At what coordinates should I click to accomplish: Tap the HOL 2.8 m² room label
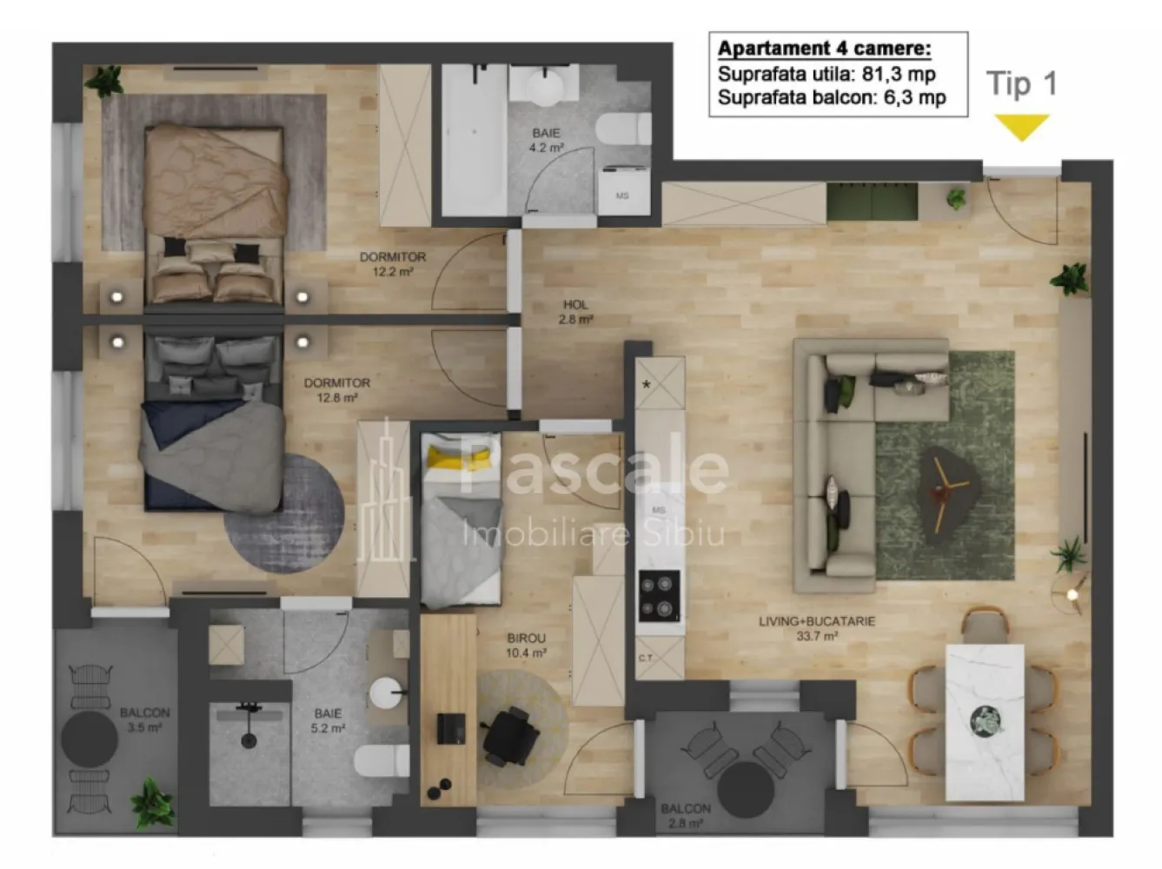575,312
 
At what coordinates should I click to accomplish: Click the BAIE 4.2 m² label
546,140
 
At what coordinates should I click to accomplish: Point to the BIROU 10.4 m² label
526,646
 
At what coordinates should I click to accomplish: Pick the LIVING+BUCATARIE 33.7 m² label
816,628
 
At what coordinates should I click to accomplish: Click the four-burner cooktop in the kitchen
660,596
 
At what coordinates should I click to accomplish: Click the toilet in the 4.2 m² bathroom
625,129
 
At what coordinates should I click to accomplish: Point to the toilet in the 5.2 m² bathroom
382,761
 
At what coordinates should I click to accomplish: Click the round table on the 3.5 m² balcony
90,739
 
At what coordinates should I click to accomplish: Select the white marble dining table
984,720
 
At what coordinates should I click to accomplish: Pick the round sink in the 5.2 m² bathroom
386,693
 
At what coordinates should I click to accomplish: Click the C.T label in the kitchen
646,658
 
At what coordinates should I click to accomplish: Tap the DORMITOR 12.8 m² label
336,390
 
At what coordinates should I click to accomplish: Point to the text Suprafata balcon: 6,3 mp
831,97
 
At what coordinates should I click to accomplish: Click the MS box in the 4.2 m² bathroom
623,195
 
